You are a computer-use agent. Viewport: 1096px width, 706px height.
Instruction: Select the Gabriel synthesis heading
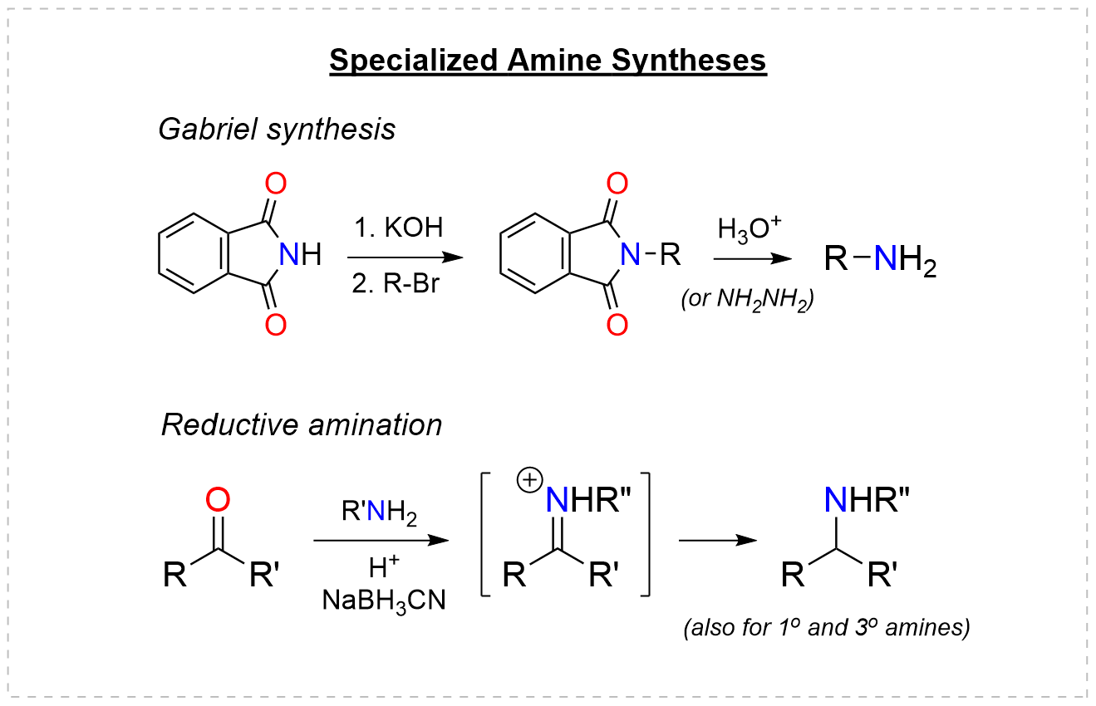point(277,130)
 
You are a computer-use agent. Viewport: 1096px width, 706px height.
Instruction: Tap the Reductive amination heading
point(301,425)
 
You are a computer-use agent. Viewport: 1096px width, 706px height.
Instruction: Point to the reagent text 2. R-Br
point(396,284)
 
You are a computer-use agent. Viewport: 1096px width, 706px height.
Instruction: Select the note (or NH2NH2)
point(747,299)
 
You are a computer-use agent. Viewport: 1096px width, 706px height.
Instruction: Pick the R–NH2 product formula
point(882,261)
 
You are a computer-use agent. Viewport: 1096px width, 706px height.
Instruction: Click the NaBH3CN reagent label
point(383,600)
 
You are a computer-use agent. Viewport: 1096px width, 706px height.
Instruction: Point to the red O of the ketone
point(218,500)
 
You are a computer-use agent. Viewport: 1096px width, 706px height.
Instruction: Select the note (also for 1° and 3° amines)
point(826,629)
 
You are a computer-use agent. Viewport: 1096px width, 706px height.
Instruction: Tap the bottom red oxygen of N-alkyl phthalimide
point(617,325)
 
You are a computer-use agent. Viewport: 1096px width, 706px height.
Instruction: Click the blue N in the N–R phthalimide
point(632,256)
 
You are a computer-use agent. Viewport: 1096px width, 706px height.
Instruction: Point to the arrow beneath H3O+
point(753,259)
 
